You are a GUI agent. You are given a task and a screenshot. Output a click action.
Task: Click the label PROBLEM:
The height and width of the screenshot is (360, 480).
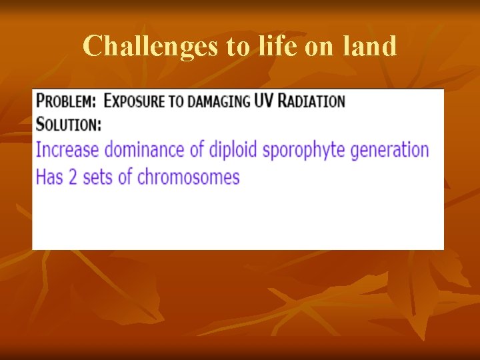tap(65, 101)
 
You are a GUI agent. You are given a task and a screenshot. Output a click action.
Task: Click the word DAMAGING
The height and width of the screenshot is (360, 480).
tap(219, 101)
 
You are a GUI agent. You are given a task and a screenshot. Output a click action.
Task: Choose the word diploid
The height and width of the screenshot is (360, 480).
tap(233, 150)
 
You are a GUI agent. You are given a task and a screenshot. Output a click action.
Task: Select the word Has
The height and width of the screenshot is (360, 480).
tap(48, 177)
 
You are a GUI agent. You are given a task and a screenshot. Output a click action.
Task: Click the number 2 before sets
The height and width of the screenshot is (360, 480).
tap(72, 177)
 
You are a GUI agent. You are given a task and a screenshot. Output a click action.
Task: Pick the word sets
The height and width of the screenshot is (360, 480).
tap(97, 177)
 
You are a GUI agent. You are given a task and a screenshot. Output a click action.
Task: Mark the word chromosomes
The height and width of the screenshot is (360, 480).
tap(188, 177)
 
